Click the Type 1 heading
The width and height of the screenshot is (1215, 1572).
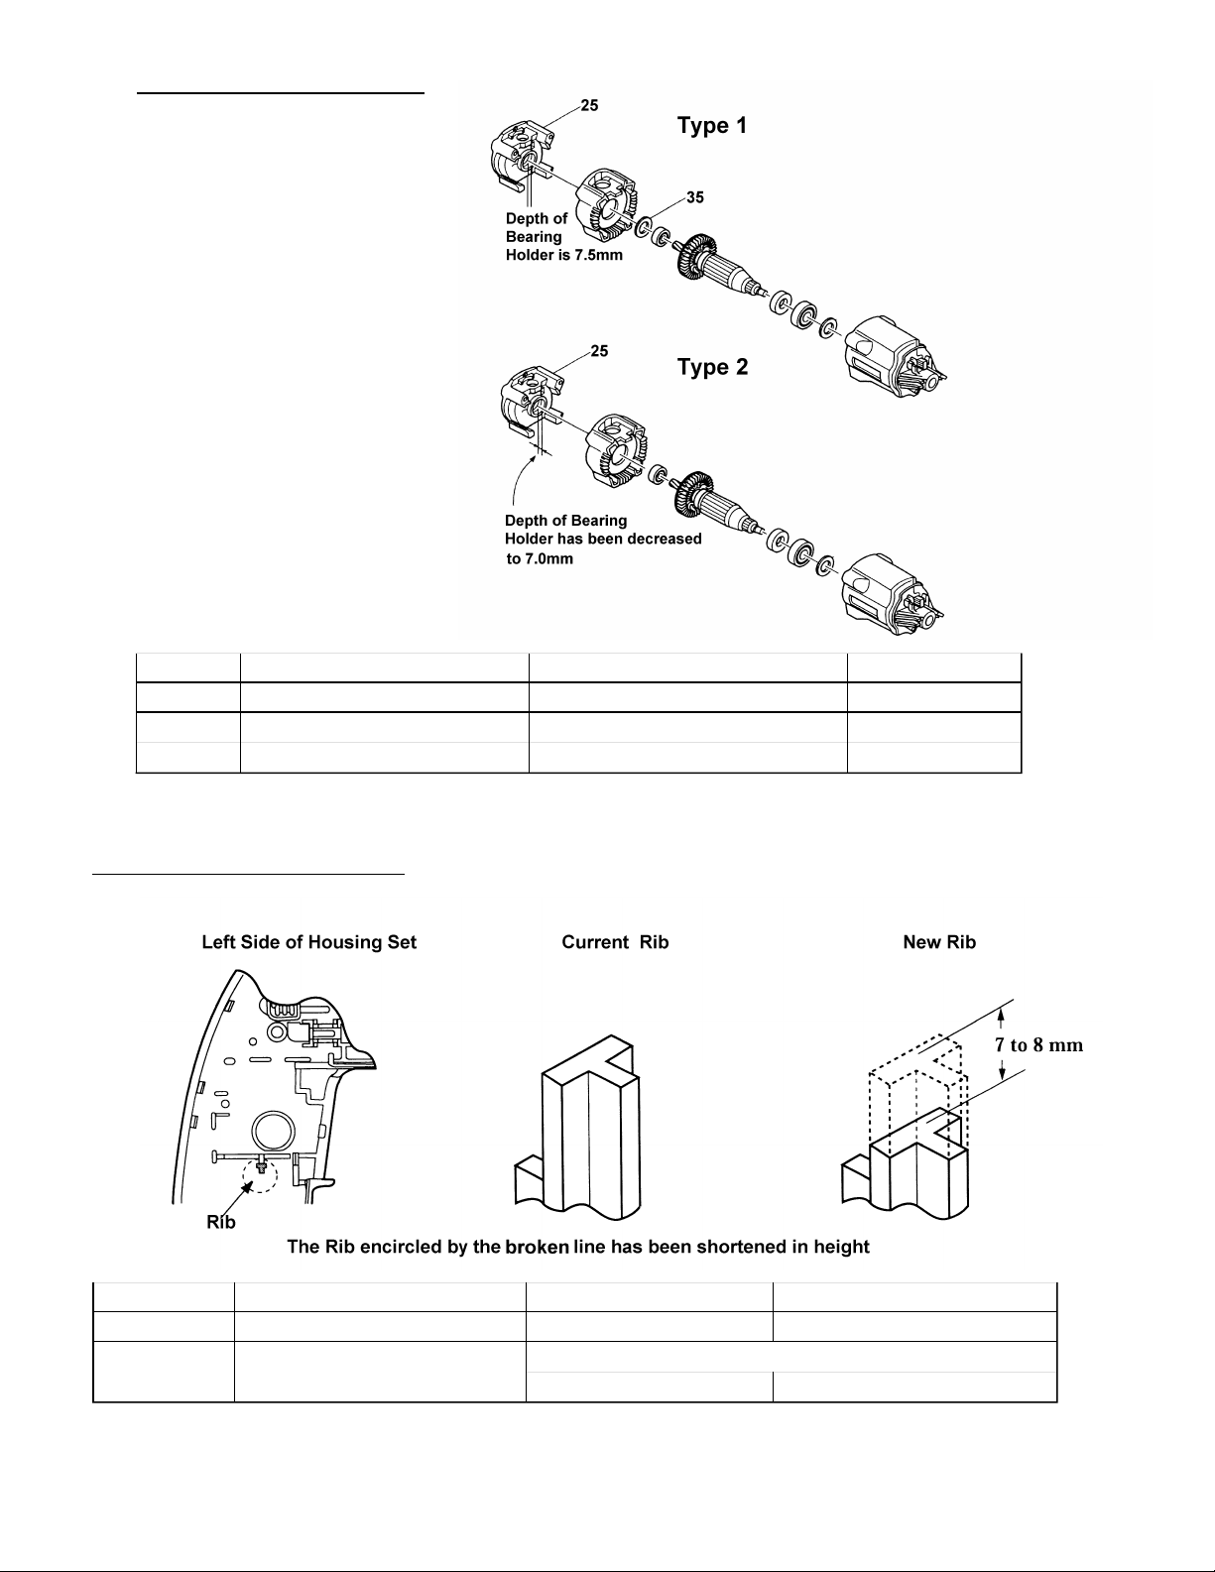711,126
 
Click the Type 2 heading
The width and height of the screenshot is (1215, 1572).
712,367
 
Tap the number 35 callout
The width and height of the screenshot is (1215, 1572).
695,197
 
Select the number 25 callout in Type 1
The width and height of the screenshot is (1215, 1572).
589,105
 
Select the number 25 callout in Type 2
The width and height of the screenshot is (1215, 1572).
600,351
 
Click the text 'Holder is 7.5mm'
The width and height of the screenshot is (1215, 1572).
564,255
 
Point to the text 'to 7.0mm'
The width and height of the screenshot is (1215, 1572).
540,558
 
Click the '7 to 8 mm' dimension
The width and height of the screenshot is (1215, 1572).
1036,1044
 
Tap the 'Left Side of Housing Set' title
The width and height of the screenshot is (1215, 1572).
308,942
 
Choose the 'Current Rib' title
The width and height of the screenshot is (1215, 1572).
615,942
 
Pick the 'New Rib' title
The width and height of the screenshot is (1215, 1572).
938,942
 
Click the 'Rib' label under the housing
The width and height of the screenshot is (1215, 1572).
220,1222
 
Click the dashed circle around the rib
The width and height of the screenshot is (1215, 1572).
260,1174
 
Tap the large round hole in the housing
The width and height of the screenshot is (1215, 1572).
273,1131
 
